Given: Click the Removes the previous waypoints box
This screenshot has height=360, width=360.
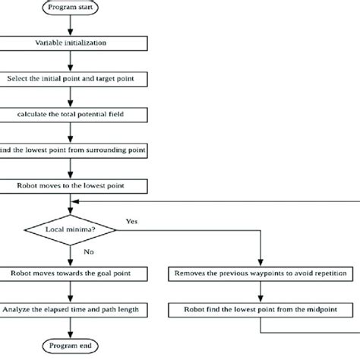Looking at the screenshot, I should [261, 273].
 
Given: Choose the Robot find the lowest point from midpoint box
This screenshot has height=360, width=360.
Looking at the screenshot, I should [261, 309].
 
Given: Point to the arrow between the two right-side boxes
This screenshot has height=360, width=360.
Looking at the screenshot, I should [261, 292].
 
